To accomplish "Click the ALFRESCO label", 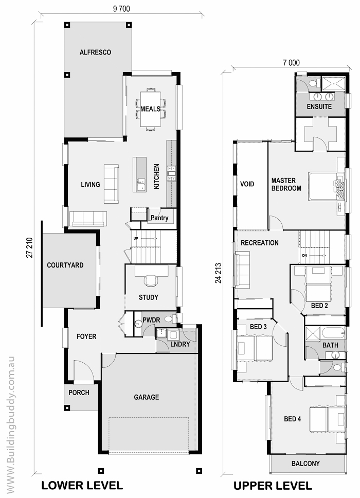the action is point(95,52).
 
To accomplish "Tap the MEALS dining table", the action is point(150,109).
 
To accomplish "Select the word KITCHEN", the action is point(156,176).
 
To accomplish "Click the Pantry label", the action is point(159,218).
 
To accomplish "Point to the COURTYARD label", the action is point(65,265).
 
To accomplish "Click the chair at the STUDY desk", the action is point(151,280).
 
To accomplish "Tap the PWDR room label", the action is point(151,320).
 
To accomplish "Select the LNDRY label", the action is point(180,344).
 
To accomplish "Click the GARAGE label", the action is point(147,397).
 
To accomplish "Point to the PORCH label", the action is point(79,393).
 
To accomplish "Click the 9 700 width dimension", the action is point(121,9).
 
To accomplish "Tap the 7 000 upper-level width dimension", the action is point(291,63).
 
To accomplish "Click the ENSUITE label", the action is point(319,106).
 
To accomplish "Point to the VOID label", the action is point(247,184).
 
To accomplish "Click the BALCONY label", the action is point(305,464).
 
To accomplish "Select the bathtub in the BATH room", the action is point(333,333).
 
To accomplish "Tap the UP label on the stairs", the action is point(136,238).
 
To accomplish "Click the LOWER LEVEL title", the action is point(82,485).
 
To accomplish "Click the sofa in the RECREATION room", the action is point(242,270).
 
